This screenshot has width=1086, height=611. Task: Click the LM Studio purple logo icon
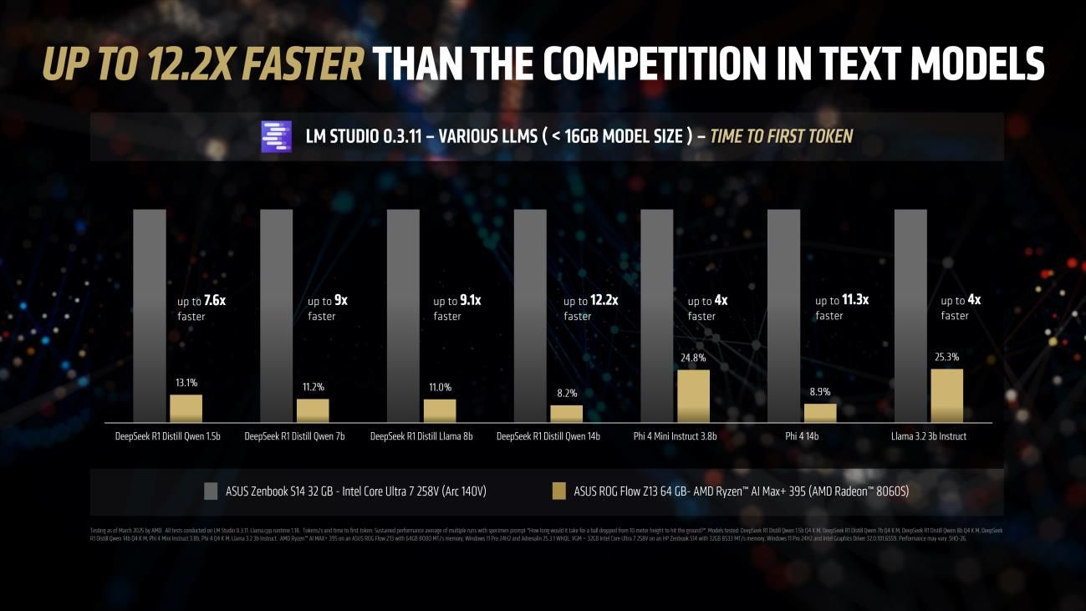click(x=277, y=136)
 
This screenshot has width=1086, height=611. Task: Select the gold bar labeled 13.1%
click(x=186, y=408)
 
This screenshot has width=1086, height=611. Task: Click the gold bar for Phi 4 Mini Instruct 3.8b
click(x=693, y=395)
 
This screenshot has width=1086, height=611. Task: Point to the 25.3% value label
click(x=947, y=357)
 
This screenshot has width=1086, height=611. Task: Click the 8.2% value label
click(x=566, y=393)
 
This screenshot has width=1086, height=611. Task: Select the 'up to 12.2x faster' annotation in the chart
click(x=590, y=308)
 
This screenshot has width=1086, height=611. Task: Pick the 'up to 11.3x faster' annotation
click(x=842, y=307)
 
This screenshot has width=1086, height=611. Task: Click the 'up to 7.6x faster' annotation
click(x=201, y=308)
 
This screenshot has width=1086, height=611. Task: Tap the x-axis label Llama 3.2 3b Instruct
click(x=928, y=436)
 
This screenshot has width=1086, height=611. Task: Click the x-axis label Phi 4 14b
click(x=802, y=436)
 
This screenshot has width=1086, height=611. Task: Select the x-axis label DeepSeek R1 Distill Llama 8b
click(x=421, y=436)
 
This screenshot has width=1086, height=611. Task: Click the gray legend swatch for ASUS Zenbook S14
click(x=210, y=491)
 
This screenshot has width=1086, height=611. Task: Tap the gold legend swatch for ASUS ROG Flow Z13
click(x=558, y=491)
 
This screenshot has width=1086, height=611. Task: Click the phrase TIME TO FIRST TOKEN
click(x=781, y=136)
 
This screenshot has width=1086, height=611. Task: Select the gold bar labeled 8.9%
click(x=820, y=413)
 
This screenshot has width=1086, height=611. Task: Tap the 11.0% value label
click(x=440, y=387)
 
